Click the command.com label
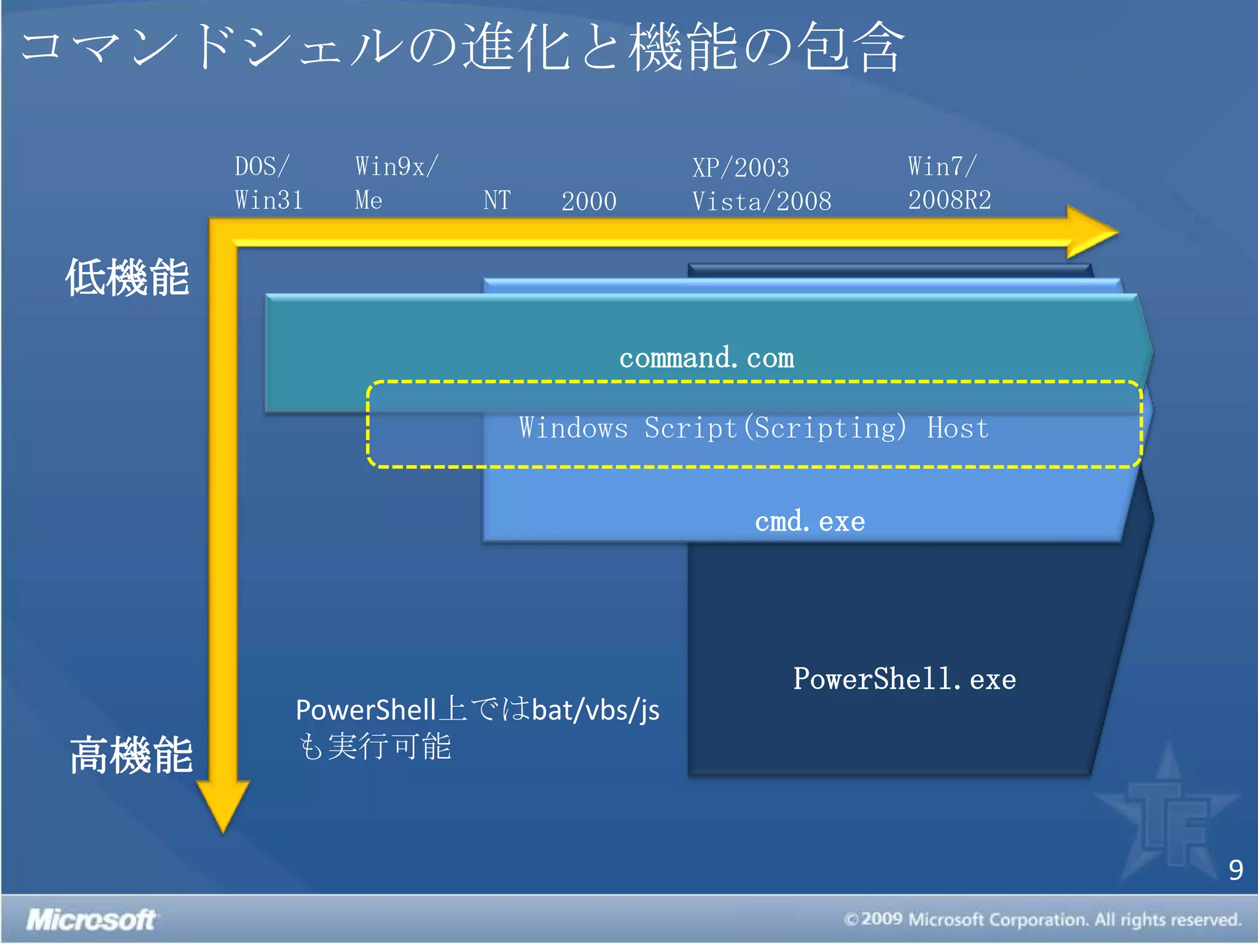706,358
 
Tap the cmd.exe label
810,522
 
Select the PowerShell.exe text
904,679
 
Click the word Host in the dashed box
958,428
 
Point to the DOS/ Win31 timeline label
268,183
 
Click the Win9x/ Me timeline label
396,183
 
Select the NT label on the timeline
497,200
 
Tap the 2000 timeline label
588,202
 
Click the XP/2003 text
740,168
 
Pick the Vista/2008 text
762,202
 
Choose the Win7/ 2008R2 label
949,183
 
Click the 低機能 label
127,278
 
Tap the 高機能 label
131,755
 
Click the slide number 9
1235,870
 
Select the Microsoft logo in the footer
91,920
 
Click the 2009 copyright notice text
1042,920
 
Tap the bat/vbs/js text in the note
595,710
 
